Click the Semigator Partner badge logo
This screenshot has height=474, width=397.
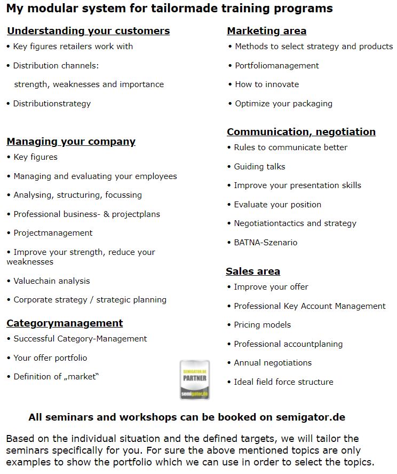195,380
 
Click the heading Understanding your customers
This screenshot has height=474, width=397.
88,31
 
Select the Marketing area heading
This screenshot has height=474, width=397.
266,31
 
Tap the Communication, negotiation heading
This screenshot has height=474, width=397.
301,132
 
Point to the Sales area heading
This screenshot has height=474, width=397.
252,271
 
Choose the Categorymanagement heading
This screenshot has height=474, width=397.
65,323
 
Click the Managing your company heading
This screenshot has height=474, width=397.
71,142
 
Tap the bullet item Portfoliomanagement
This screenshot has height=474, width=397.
276,66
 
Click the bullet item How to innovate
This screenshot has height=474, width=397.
267,84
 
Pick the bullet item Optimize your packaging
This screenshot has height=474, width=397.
283,104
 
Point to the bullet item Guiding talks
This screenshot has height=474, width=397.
259,167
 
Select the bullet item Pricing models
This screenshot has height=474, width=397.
262,325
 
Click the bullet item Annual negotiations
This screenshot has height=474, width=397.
273,363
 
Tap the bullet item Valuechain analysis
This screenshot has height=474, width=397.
51,281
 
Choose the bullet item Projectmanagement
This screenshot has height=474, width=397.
52,233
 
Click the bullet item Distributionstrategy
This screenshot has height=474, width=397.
52,104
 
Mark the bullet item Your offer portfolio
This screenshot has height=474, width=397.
50,358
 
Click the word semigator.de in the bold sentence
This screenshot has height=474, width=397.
310,417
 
